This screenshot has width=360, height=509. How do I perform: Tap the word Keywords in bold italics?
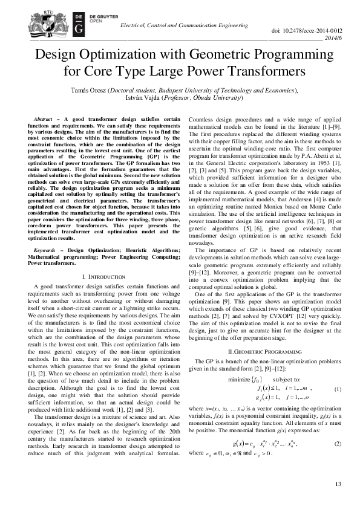[x=49, y=248]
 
